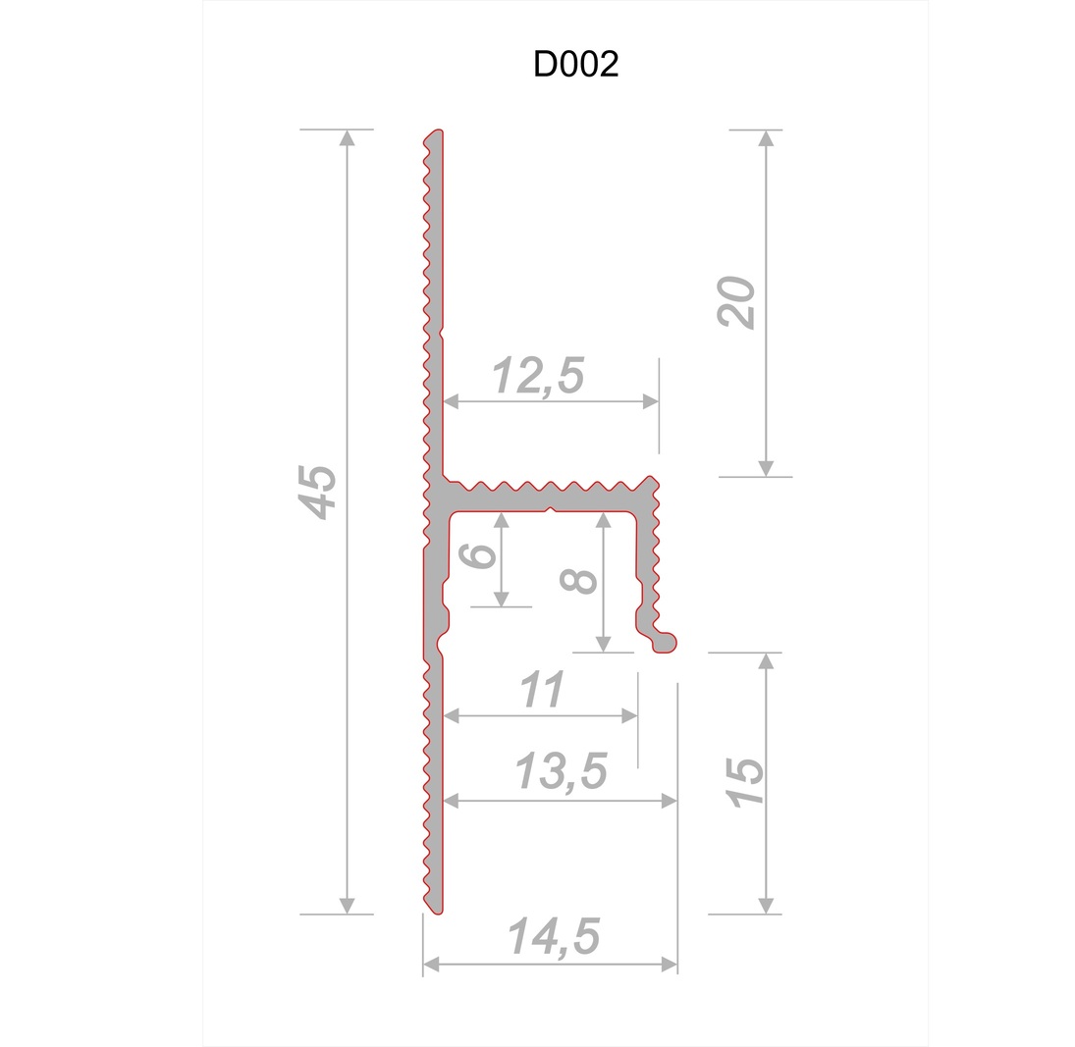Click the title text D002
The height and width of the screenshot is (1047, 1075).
coord(575,65)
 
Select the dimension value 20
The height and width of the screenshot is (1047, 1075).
coord(738,303)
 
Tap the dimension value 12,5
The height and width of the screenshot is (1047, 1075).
coord(538,377)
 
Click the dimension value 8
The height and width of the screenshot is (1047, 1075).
coord(579,579)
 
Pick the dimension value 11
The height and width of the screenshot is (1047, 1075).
coord(541,691)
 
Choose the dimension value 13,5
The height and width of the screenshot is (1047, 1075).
coord(562,772)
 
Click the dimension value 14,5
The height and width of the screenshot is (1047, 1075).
coord(554,937)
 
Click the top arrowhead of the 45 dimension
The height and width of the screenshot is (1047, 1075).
coord(347,137)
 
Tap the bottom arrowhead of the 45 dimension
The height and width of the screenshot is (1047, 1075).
coord(347,906)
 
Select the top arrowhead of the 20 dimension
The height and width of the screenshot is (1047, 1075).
coord(766,137)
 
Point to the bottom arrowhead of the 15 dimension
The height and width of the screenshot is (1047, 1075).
coord(766,906)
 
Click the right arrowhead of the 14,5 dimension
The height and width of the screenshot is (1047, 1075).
coord(670,965)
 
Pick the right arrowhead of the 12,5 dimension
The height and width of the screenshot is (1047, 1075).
coord(650,401)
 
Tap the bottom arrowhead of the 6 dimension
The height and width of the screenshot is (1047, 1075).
coord(502,599)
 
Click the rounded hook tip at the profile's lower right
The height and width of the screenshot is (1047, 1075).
coord(669,642)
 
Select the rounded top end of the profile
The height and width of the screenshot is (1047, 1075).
coord(436,133)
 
